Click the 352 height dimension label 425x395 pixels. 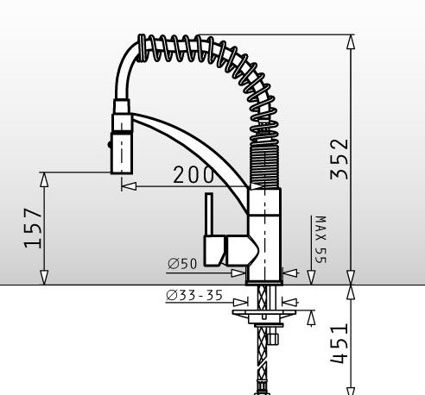339,160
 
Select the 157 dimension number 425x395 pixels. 33,228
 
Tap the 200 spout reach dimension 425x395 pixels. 193,174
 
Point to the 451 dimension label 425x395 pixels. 339,344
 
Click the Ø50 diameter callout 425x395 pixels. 182,263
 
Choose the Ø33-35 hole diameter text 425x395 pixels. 194,295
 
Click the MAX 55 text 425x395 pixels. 320,240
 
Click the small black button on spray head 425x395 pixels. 110,144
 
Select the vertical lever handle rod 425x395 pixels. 209,214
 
